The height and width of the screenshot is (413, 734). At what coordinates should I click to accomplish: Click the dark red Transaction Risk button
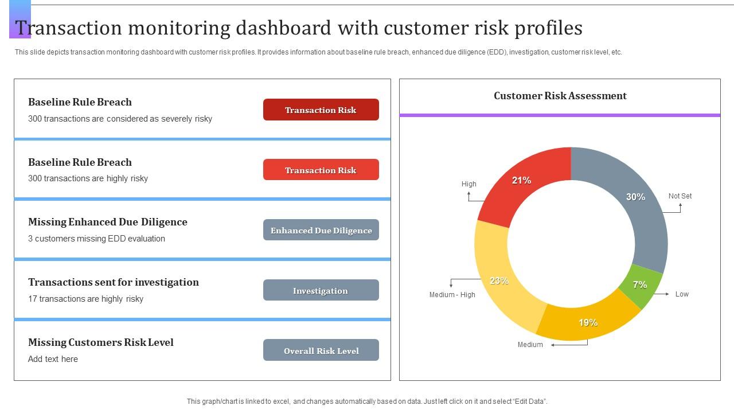tap(321, 110)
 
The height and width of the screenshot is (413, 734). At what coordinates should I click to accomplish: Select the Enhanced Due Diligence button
tap(321, 230)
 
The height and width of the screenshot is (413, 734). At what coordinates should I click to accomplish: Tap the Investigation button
tap(321, 290)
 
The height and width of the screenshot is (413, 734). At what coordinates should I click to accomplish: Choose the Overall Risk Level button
tap(321, 350)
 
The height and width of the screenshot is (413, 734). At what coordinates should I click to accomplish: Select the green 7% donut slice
tap(639, 285)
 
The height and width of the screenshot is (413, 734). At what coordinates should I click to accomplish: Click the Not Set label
tap(680, 196)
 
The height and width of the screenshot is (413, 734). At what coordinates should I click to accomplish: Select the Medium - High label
tap(452, 295)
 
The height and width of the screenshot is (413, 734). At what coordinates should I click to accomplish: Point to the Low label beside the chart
tap(682, 294)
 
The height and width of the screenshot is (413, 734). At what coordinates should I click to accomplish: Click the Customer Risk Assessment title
tap(560, 96)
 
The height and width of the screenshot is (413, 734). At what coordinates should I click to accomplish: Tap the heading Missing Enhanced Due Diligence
tap(108, 222)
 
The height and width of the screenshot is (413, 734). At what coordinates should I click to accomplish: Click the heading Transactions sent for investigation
tap(114, 282)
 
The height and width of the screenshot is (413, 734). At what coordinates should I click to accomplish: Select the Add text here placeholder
tap(53, 359)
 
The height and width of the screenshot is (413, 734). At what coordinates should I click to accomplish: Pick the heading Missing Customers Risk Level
tap(101, 342)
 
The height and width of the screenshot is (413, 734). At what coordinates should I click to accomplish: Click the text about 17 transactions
tap(85, 299)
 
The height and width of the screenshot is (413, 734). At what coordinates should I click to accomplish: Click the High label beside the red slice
tap(468, 184)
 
